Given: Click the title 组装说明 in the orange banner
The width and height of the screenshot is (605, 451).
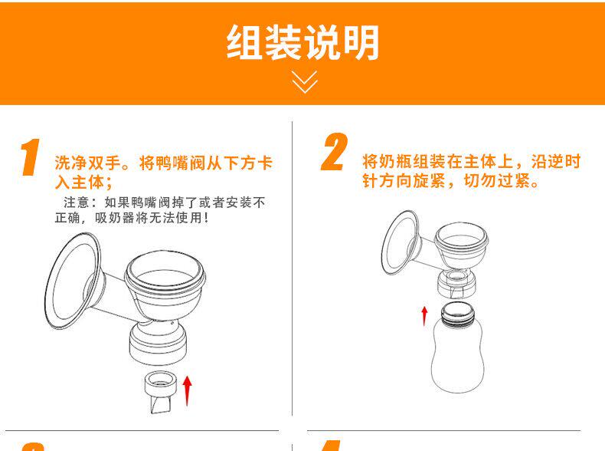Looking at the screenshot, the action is (302, 42).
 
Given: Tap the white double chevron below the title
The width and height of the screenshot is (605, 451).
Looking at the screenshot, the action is (305, 81).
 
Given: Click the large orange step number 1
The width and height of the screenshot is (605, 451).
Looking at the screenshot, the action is (30, 157).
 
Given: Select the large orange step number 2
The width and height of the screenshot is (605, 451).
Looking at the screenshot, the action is (334, 152).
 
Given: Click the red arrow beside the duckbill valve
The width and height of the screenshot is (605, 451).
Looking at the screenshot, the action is (187, 390).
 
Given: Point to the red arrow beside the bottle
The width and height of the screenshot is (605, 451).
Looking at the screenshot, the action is (424, 316).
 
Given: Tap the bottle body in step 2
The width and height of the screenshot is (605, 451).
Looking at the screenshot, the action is (457, 356).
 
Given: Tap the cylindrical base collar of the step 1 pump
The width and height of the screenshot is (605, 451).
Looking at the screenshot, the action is (159, 344).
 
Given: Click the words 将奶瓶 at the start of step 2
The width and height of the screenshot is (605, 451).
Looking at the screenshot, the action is (387, 162).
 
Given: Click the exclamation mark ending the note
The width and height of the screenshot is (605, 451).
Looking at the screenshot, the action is (207, 218).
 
